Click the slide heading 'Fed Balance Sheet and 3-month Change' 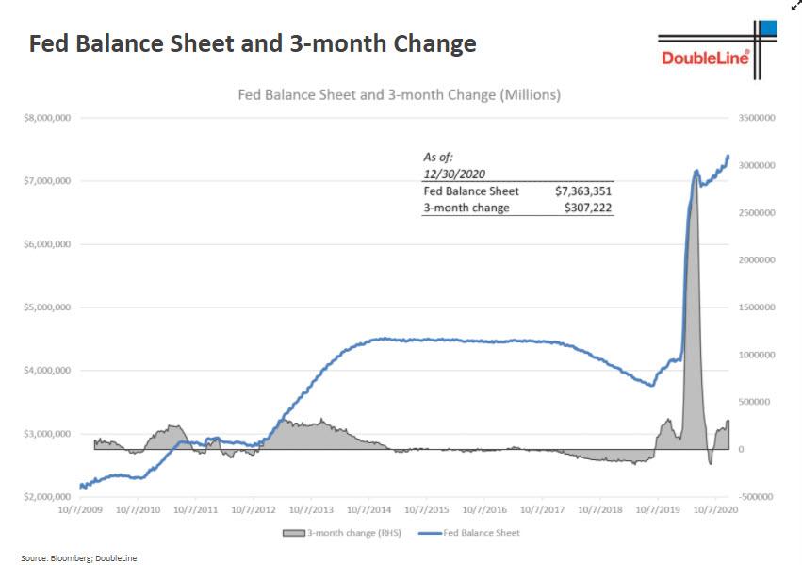253,43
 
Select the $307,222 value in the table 589,208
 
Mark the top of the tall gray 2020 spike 696,172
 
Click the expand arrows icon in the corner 794,6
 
